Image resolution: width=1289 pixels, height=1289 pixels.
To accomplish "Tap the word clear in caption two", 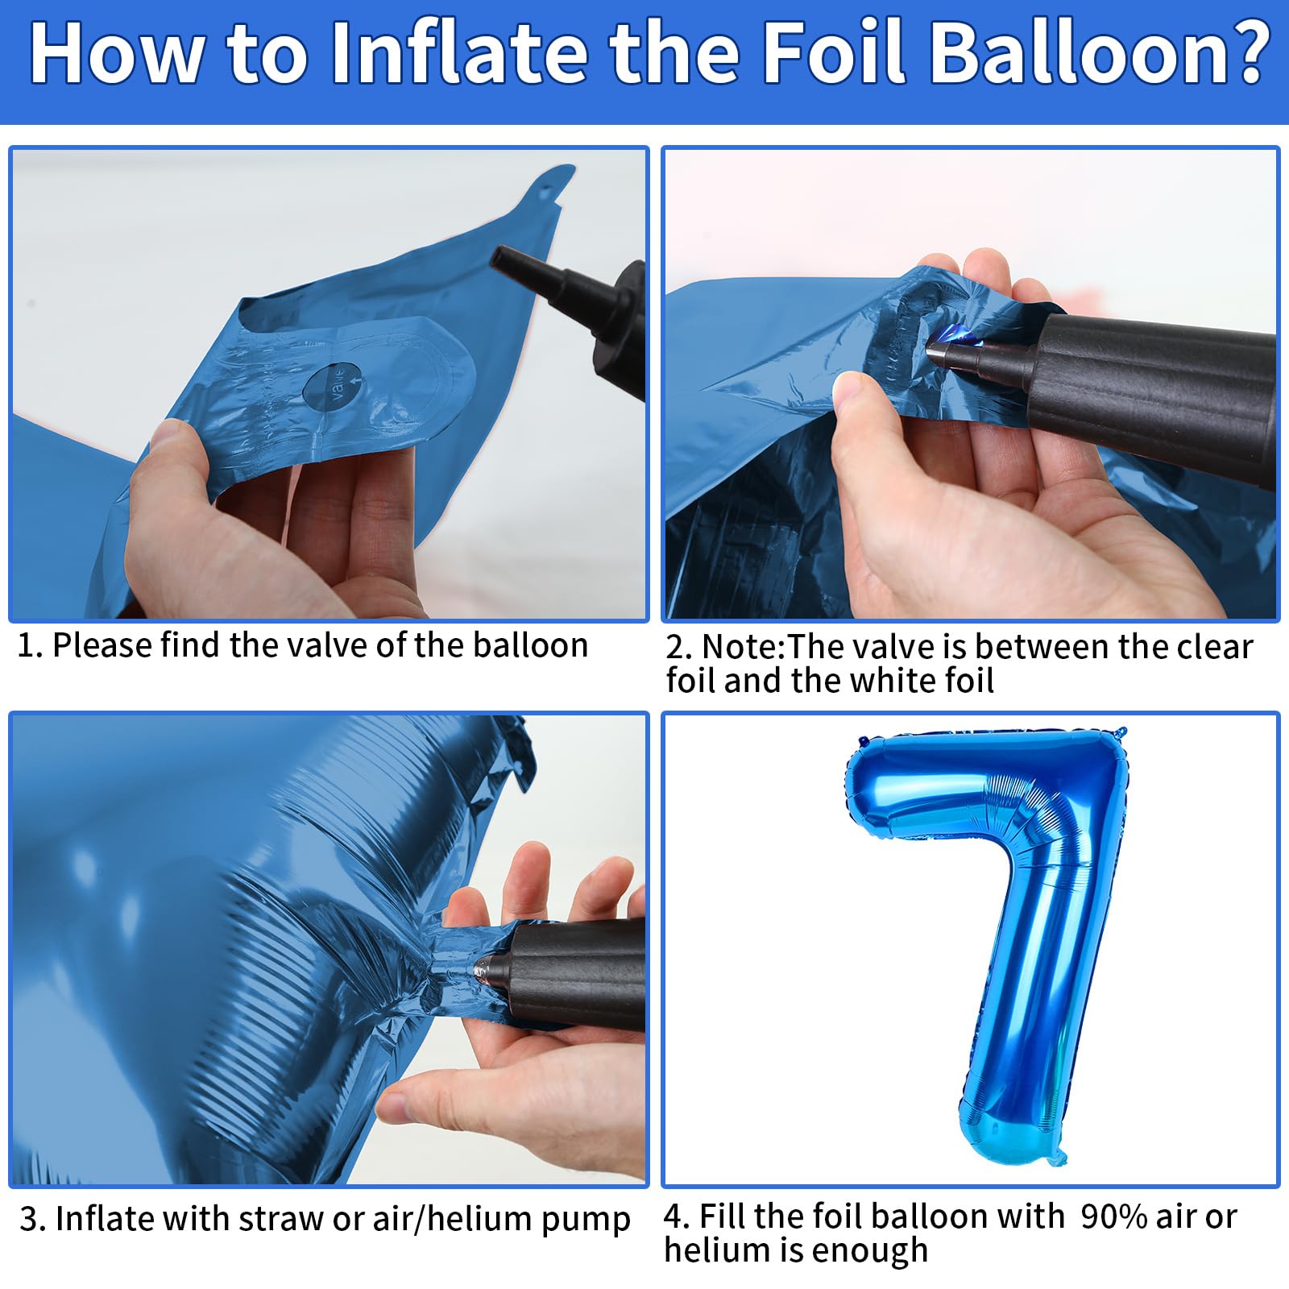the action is point(1214,648).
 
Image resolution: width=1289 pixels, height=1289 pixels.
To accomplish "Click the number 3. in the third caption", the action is point(33,1220).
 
